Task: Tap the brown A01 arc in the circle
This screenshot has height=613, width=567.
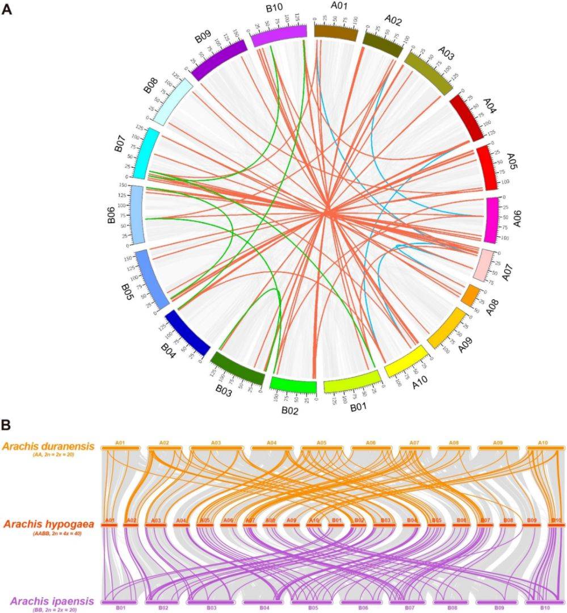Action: pos(335,33)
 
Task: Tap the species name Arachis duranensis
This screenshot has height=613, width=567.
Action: pos(52,447)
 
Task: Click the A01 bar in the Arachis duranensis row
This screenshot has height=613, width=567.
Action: pos(120,448)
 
